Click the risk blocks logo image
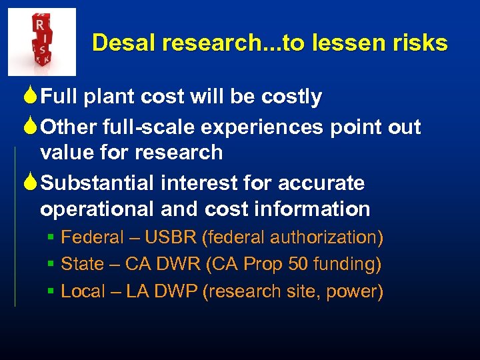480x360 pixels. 41,41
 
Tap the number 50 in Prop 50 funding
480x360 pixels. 299,265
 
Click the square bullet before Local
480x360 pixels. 51,291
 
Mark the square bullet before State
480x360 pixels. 51,265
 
